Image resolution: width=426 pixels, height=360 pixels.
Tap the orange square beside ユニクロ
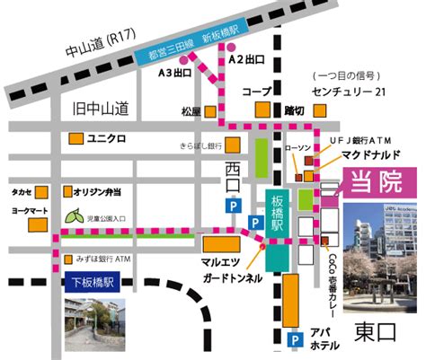(76, 139)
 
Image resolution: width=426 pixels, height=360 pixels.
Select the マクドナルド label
(364, 154)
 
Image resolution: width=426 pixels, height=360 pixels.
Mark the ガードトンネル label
(233, 278)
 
